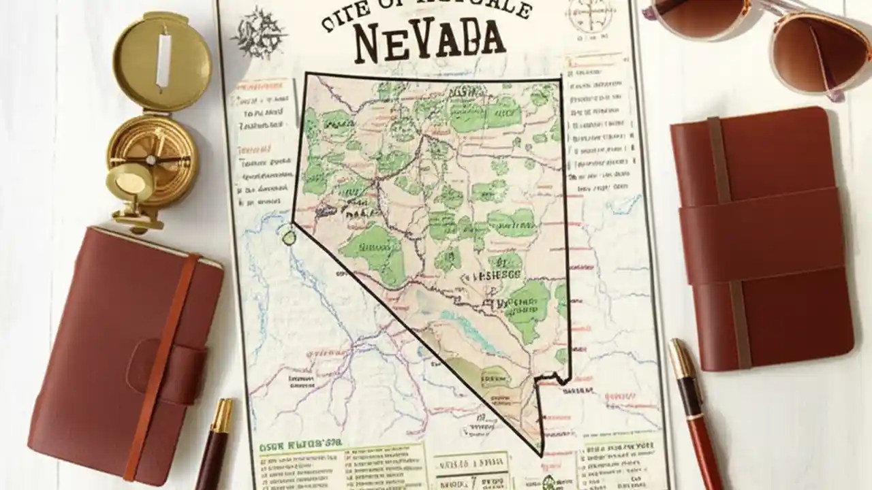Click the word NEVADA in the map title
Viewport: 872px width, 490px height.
point(430,41)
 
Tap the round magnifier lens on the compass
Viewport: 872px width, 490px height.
point(131,186)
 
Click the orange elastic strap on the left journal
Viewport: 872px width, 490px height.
point(160,361)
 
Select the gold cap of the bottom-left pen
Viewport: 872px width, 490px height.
point(222,416)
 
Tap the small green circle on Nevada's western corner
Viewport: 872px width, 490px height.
point(289,237)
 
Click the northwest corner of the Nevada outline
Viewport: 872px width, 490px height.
point(306,74)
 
